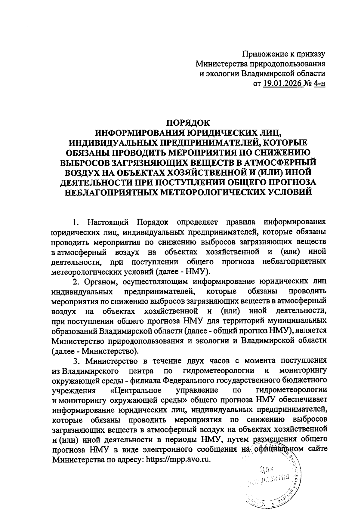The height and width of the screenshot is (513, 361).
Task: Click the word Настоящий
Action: [108, 223]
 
